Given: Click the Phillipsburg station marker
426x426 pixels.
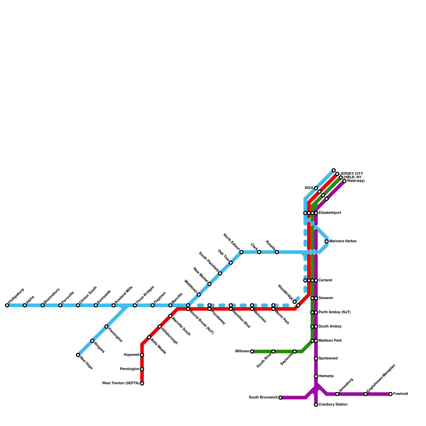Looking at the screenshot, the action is coord(7,305).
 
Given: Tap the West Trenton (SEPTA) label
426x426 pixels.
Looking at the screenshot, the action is coord(121,383).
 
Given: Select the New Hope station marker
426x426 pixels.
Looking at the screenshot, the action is coord(78,355).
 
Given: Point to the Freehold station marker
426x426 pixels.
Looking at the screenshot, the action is coord(391,394).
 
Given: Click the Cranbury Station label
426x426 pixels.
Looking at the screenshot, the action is coord(333,405).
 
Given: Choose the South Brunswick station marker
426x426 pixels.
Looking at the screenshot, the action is coord(280,398).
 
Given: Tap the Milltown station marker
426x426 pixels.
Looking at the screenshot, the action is coord(252,351).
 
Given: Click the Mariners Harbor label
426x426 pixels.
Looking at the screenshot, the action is coord(343,241).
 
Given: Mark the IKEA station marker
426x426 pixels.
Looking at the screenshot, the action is coord(316,188).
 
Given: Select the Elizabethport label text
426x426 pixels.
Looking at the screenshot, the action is coord(330,213).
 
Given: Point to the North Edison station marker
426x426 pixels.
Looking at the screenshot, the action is coord(241,252).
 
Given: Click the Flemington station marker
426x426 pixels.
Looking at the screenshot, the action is coord(106,327).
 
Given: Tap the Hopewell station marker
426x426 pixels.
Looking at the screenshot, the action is coord(142,355).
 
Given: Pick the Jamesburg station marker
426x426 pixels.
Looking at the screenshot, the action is coord(337,394).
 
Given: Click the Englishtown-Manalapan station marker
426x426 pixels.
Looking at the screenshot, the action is coord(366,394).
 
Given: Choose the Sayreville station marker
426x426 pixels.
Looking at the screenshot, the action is coord(295,351).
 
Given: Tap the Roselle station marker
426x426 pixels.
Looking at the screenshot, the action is coord(277,252).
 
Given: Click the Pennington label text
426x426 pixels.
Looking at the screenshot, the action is coord(129,369).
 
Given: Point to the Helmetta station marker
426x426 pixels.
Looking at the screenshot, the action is coord(316,376).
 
